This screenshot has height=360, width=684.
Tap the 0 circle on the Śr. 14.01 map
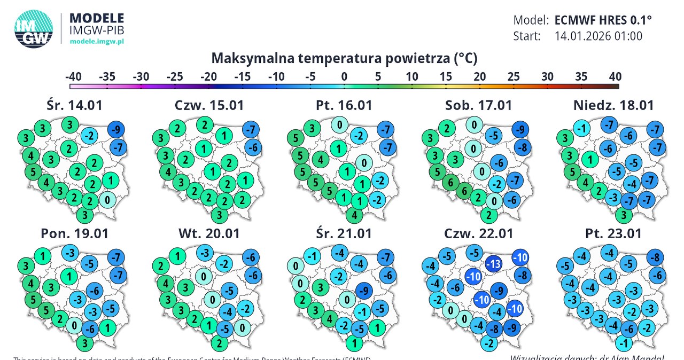[107, 200]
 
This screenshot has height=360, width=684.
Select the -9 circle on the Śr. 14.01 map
[116, 129]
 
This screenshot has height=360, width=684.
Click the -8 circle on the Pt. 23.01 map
[655, 258]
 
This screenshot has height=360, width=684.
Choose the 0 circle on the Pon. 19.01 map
[74, 325]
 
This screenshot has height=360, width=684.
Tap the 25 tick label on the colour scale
[514, 76]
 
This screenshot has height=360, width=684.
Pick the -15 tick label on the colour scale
[243, 76]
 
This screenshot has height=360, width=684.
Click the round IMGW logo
[34, 30]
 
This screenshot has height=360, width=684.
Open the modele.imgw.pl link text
[97, 41]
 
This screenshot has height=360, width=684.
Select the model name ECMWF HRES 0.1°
[603, 21]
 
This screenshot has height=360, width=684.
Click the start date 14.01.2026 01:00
[598, 36]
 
